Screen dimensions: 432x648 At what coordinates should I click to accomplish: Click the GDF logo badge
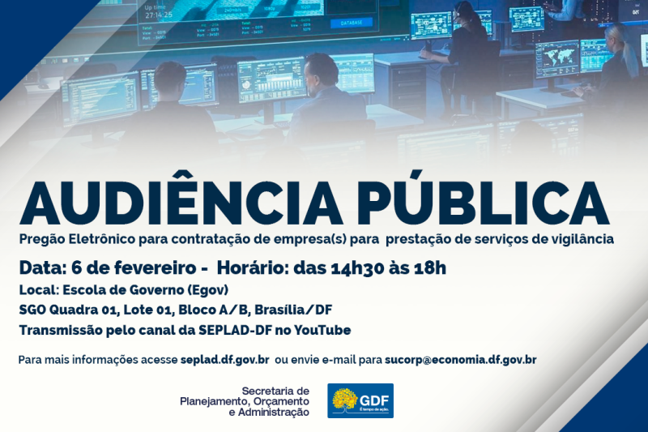coord(360,400)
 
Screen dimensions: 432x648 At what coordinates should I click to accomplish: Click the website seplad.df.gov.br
coord(225,359)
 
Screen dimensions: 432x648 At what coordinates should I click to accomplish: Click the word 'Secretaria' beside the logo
coord(275,391)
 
